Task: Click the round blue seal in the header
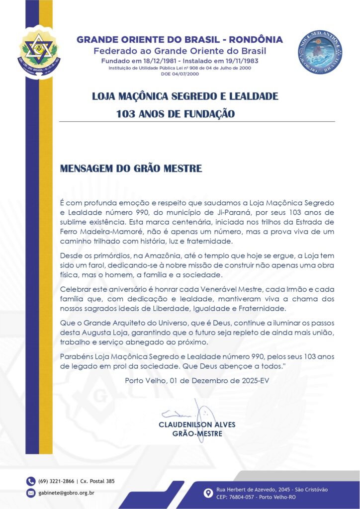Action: tap(320, 52)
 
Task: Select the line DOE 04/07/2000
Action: tap(180, 74)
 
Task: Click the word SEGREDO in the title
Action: tap(194, 96)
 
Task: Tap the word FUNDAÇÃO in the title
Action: tap(207, 114)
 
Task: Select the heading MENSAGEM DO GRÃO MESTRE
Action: tap(131, 169)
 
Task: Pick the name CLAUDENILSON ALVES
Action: tap(197, 425)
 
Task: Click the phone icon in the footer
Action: tap(31, 481)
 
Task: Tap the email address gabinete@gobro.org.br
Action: tap(66, 493)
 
